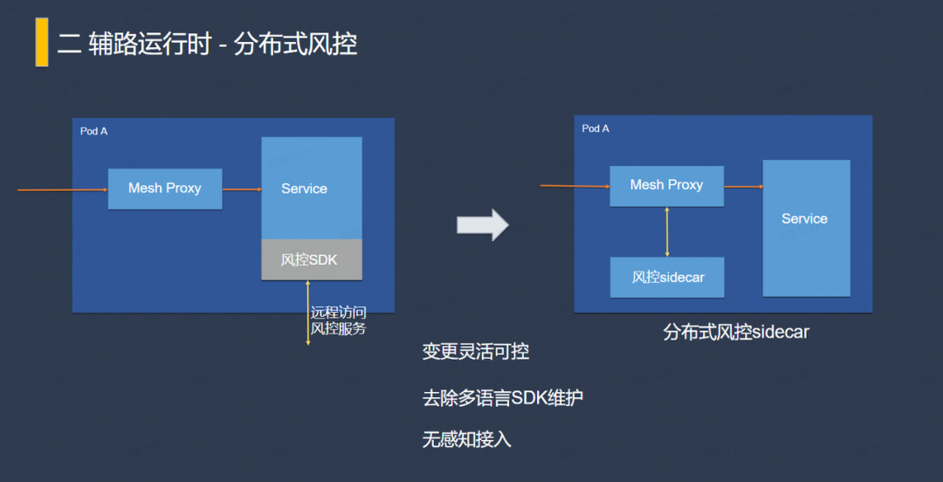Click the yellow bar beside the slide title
pos(41,42)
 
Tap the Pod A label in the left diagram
pos(93,131)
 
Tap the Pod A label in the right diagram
pos(595,128)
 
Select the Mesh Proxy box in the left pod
pos(164,189)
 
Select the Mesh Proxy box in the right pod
pos(666,185)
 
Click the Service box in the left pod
pos(311,188)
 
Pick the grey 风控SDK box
pos(311,260)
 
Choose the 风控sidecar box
pos(667,278)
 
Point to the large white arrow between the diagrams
pos(482,224)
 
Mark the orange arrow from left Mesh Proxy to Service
pos(242,189)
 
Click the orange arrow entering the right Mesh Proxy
pos(575,185)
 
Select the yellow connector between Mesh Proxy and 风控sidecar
pos(667,232)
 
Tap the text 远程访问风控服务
pos(339,320)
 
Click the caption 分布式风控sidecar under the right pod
pos(735,332)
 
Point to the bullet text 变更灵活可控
pos(476,352)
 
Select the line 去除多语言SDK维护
pos(502,398)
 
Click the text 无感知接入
pos(466,440)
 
